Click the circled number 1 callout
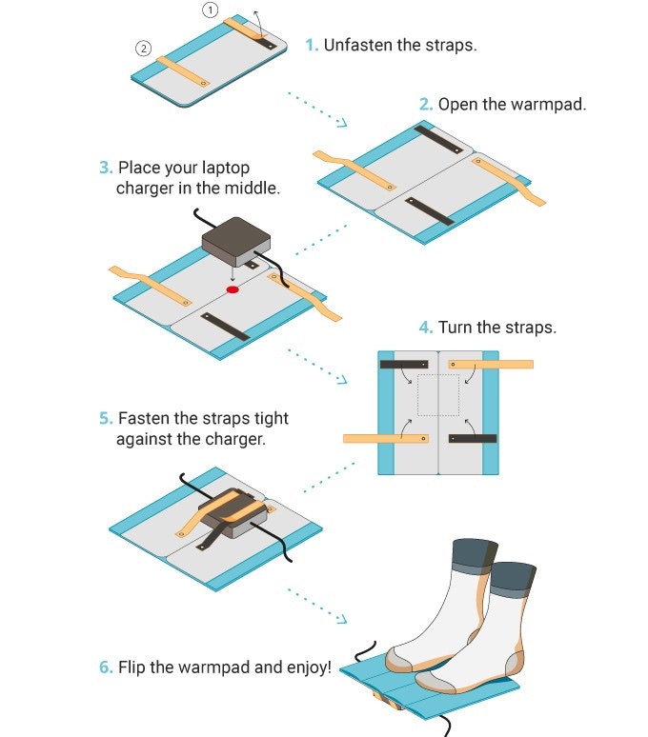[x=211, y=10]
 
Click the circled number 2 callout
[x=144, y=48]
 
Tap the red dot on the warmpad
[x=233, y=289]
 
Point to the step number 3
[x=106, y=168]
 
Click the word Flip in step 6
[x=132, y=667]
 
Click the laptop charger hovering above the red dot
[x=236, y=242]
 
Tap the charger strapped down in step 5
[x=233, y=513]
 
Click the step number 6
[x=106, y=667]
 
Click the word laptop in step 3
[x=226, y=168]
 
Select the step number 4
[x=425, y=328]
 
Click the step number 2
[x=425, y=105]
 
